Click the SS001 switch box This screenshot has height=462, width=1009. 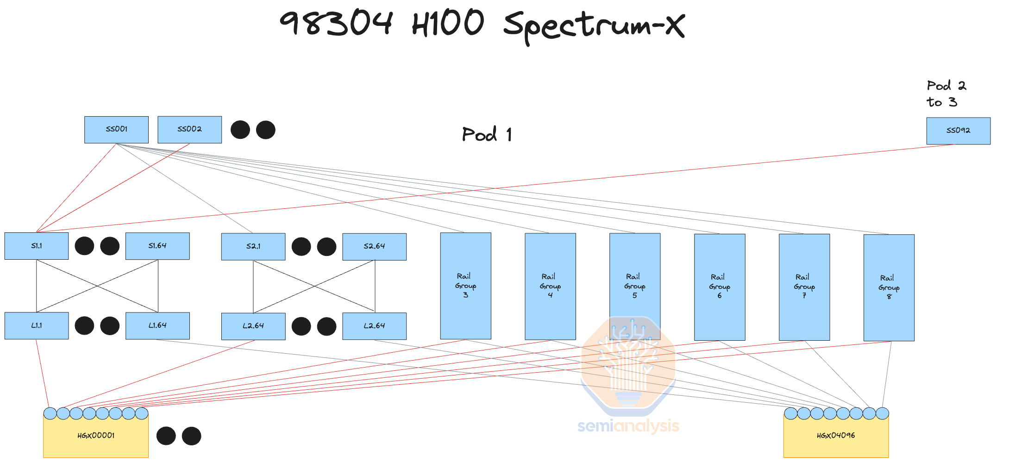(116, 130)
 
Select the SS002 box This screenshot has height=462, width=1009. (189, 130)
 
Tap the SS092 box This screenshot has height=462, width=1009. (958, 131)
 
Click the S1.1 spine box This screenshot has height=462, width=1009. (37, 246)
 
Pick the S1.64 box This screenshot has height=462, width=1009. (157, 246)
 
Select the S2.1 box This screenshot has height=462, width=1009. (253, 247)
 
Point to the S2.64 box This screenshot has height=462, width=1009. (374, 247)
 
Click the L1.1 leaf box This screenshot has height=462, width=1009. (37, 326)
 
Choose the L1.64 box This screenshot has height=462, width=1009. (157, 326)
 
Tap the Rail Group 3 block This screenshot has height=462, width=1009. (465, 286)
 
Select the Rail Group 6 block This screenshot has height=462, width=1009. (720, 287)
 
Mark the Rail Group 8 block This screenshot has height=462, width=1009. (889, 287)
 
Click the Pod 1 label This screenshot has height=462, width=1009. (487, 135)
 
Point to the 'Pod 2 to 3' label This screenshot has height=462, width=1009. (946, 94)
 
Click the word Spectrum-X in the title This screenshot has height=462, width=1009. (594, 25)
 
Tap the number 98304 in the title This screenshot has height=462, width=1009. (336, 23)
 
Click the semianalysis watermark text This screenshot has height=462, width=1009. (628, 426)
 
